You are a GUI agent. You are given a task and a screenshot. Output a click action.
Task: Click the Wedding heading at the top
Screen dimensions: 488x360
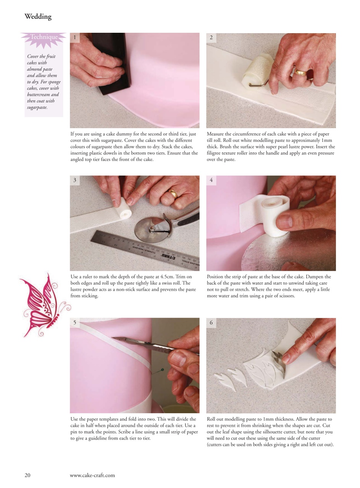click(38, 16)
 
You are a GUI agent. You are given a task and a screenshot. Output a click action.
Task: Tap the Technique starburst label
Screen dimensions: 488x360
click(44, 37)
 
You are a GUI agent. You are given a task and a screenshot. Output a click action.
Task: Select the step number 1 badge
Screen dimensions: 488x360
click(75, 37)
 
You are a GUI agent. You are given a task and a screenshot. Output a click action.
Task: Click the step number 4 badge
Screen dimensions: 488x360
click(211, 180)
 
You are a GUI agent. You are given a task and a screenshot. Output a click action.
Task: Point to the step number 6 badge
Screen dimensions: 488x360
click(211, 323)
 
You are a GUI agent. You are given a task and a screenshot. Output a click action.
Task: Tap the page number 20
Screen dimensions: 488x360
click(27, 475)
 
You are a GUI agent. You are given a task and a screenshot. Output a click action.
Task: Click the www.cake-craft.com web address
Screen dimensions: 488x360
click(92, 475)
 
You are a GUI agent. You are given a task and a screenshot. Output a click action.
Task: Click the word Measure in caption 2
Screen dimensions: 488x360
click(216, 134)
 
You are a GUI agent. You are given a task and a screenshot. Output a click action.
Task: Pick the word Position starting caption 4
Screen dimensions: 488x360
click(216, 277)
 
